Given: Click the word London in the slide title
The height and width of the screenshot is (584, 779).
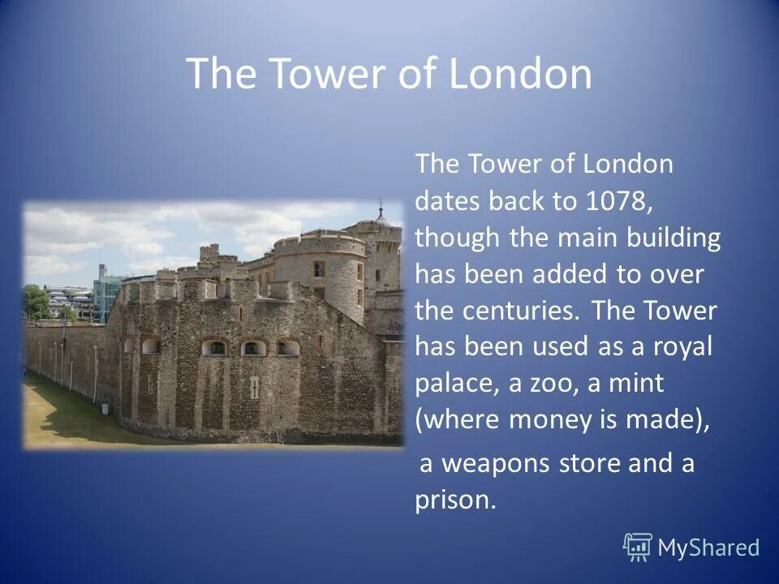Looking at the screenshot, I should pyautogui.click(x=520, y=74).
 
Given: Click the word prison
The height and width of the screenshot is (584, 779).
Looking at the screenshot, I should pyautogui.click(x=453, y=500).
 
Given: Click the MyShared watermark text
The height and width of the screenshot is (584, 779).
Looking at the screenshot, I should pyautogui.click(x=708, y=548).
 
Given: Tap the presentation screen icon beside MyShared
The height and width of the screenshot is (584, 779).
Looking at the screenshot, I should pyautogui.click(x=638, y=547).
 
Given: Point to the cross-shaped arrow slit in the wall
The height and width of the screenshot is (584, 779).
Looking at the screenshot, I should pyautogui.click(x=254, y=388).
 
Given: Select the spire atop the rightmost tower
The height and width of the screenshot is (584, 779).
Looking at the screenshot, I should pyautogui.click(x=380, y=212).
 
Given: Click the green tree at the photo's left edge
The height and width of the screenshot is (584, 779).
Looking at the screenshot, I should pyautogui.click(x=34, y=302).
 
